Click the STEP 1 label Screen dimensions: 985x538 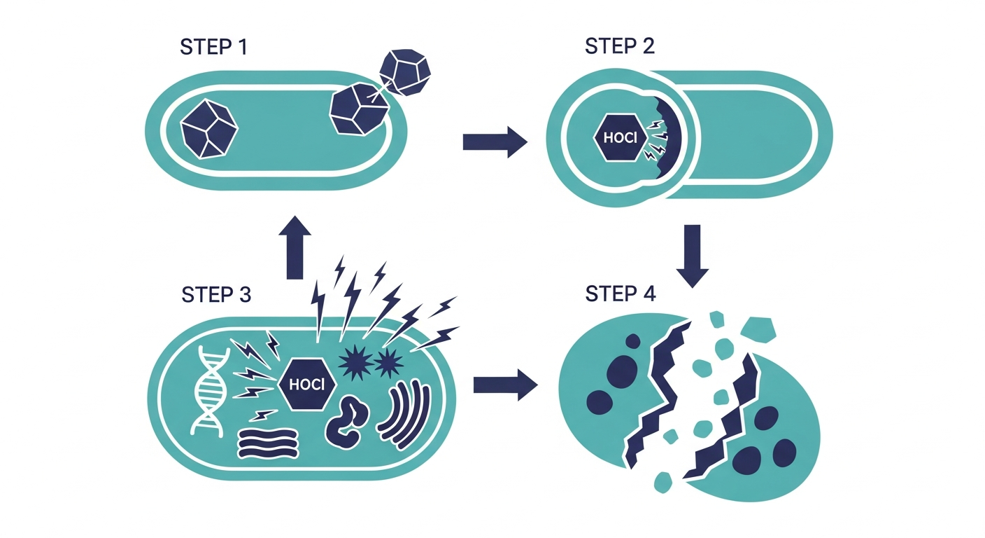pos(213,47)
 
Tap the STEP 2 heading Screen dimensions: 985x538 pos(620,46)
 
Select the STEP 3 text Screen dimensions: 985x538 pos(216,294)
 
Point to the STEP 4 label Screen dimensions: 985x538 pos(621,294)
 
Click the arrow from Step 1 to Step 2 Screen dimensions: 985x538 pos(495,142)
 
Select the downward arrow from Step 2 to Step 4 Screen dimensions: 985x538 pos(692,256)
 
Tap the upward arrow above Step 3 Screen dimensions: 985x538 pos(295,247)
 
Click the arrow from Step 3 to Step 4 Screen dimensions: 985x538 pos(505,385)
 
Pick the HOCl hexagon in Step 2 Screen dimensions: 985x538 pos(620,138)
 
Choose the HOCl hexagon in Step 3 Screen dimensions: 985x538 pos(307,385)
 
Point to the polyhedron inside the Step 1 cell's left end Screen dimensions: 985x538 pos(209,129)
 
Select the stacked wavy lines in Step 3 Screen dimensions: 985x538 pos(268,444)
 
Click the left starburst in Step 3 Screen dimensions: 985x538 pos(355,363)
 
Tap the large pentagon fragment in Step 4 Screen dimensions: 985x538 pos(758,329)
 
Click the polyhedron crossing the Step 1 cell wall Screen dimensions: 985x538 pos(360,109)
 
